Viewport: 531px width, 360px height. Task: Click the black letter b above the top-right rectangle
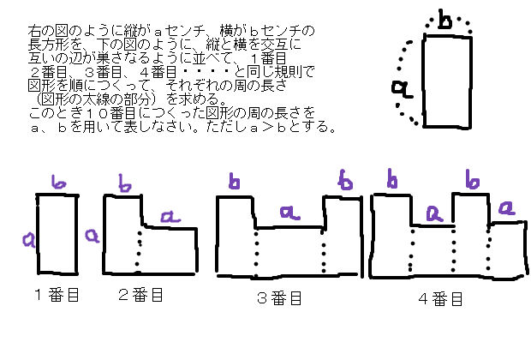[x=444, y=21]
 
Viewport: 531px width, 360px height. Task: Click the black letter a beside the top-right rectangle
[x=399, y=87]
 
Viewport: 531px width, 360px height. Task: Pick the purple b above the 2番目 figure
[x=125, y=183]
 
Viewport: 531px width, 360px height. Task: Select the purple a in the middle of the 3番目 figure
[x=289, y=211]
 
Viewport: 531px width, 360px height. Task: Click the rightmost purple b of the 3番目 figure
[x=345, y=180]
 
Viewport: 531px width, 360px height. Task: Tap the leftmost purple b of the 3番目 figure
[x=233, y=181]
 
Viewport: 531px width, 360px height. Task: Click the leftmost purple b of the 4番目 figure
[x=393, y=179]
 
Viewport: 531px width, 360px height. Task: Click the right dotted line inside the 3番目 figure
[x=323, y=253]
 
